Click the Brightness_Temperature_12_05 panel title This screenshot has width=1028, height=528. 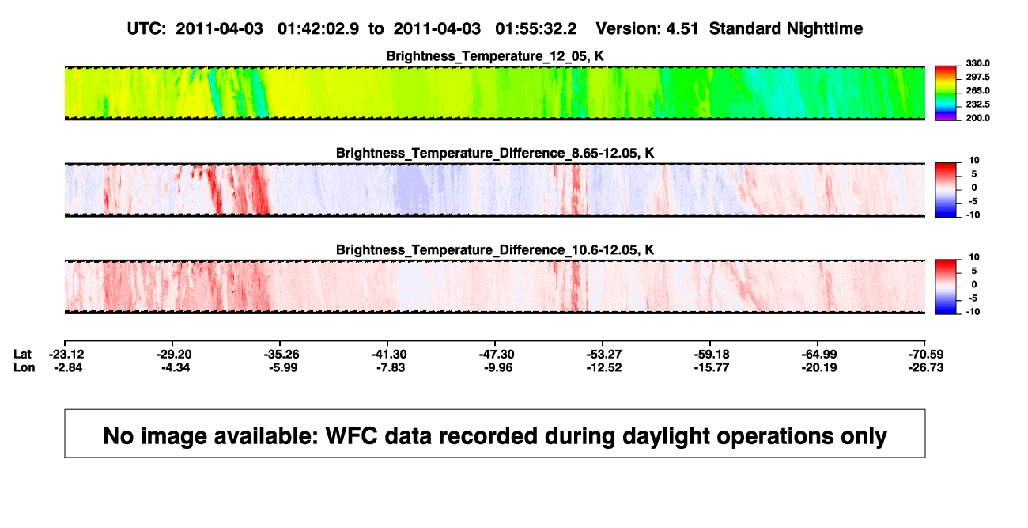(x=495, y=56)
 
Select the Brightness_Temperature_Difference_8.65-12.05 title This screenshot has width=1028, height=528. (x=495, y=153)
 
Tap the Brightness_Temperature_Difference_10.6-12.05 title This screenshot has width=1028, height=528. (x=495, y=250)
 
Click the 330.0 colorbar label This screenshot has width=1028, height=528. (x=977, y=63)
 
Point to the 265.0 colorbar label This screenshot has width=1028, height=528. (x=977, y=90)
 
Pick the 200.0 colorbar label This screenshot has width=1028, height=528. (x=977, y=118)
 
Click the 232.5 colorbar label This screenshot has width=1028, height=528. (x=977, y=104)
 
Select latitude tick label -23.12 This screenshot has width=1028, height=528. (x=66, y=355)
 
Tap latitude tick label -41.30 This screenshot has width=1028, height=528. (x=389, y=355)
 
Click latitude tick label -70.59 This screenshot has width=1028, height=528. (x=926, y=355)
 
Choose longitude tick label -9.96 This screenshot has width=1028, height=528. (x=498, y=367)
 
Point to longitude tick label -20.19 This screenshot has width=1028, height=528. (x=819, y=367)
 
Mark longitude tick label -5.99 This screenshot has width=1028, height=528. (x=283, y=367)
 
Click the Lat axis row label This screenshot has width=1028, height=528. (x=22, y=355)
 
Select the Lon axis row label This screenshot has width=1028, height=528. (x=24, y=367)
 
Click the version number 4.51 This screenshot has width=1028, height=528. (x=682, y=28)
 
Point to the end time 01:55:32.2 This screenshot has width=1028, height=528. (x=535, y=28)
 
